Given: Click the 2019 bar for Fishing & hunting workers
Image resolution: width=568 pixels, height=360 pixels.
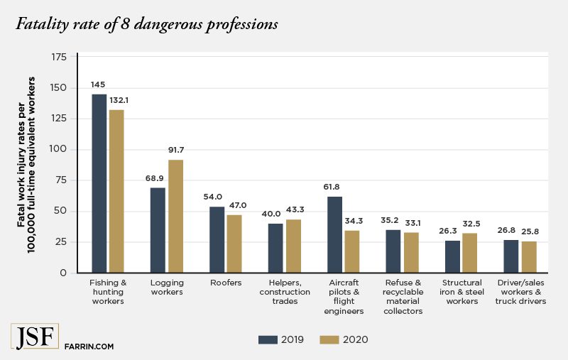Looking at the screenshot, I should (99, 183).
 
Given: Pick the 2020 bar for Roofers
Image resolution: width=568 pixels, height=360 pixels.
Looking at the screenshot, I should (234, 244).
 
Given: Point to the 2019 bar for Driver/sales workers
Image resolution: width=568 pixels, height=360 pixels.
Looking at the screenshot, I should (512, 256).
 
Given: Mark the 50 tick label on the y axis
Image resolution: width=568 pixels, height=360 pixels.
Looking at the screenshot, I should (63, 211).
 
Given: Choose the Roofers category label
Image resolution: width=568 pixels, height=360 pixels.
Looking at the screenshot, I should (225, 283).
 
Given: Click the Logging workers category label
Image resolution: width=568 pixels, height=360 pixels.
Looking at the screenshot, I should (167, 287).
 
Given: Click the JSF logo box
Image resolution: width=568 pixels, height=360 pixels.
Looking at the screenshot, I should (35, 337).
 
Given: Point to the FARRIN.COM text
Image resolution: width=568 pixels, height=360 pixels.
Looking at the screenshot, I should (89, 347).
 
